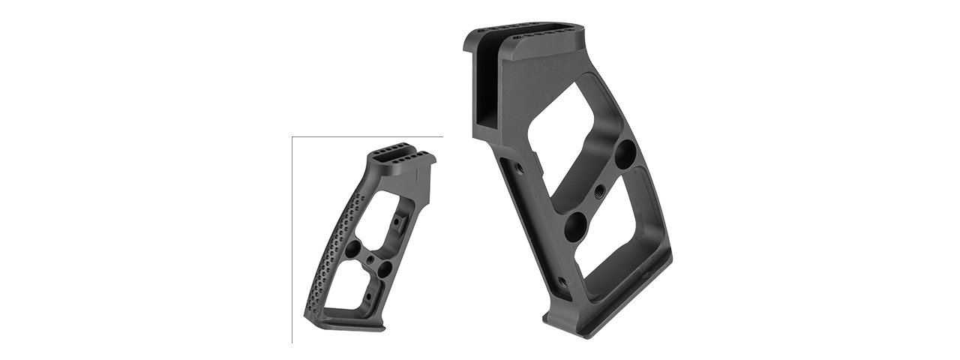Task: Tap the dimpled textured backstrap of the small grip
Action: coord(330,240)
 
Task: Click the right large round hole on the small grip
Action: coord(385,268)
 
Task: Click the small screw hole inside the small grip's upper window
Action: coord(395,222)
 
